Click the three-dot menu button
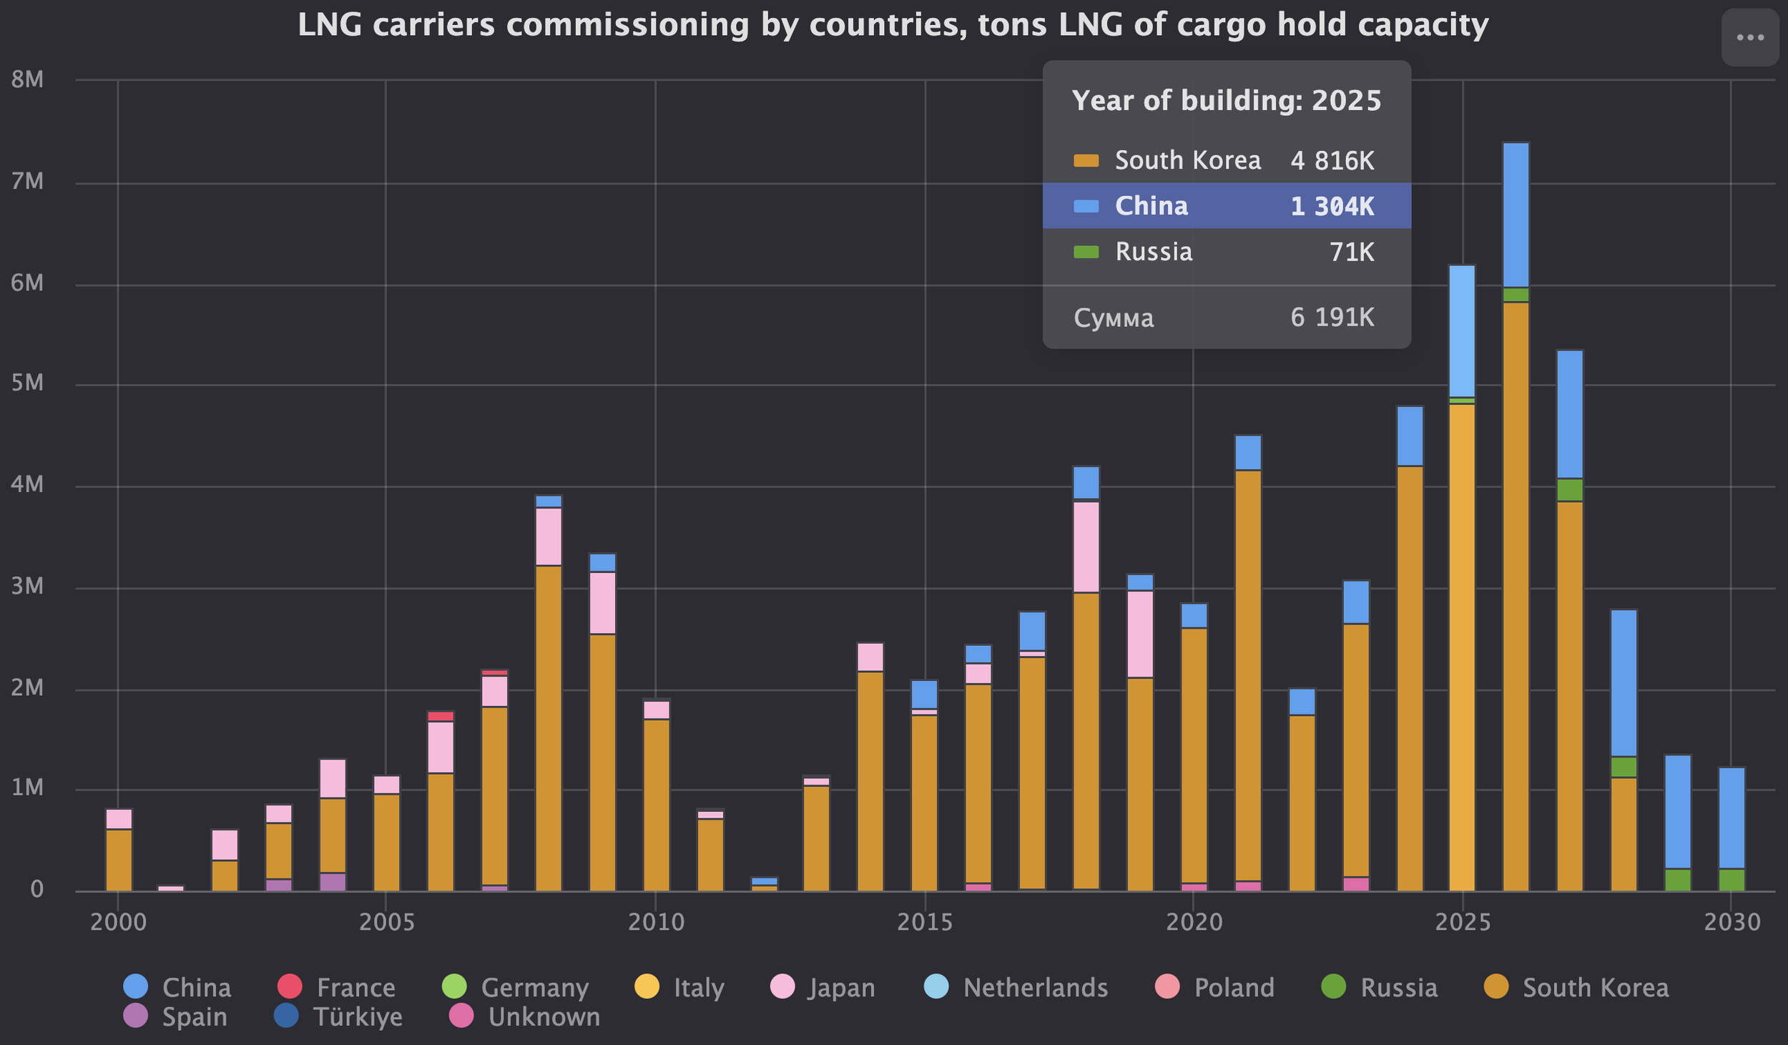click(x=1749, y=38)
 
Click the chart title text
click(x=893, y=26)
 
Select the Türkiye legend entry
click(x=339, y=1016)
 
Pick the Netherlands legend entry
click(x=1016, y=987)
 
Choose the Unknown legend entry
click(x=525, y=1016)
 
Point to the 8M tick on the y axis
click(x=27, y=79)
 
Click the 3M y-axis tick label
click(x=27, y=587)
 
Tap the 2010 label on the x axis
click(x=656, y=922)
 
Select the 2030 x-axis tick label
click(x=1731, y=922)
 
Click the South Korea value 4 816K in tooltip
click(x=1332, y=160)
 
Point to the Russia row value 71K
click(x=1351, y=252)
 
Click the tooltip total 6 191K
click(x=1332, y=317)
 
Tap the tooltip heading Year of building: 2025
click(x=1227, y=101)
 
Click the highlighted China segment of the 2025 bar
click(x=1462, y=331)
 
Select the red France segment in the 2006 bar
click(x=441, y=716)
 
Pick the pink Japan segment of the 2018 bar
click(x=1086, y=546)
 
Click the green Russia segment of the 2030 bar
click(x=1731, y=879)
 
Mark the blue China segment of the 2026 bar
click(x=1516, y=215)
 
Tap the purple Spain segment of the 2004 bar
click(x=333, y=881)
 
